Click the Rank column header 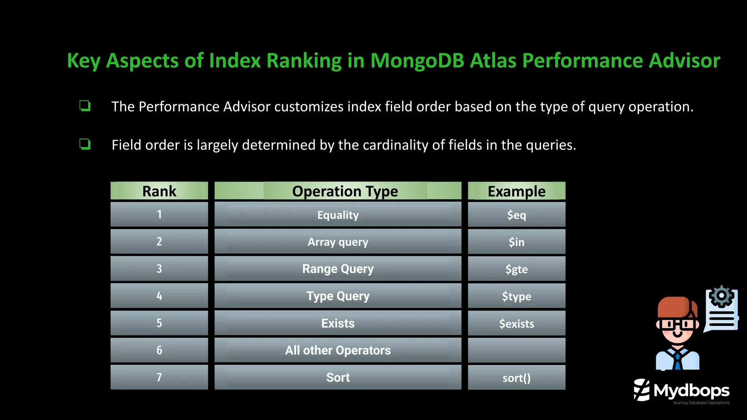[159, 191]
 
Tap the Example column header [516, 191]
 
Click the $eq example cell [516, 215]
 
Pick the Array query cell [338, 242]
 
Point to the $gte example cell [516, 269]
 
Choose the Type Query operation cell [338, 296]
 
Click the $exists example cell [516, 323]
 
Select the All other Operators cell [338, 350]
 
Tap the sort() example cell [516, 378]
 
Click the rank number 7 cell [159, 377]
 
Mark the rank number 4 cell [159, 296]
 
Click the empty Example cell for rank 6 [516, 350]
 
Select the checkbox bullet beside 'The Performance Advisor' [85, 106]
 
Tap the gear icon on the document [721, 296]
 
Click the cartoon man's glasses [677, 324]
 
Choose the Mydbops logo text [691, 391]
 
